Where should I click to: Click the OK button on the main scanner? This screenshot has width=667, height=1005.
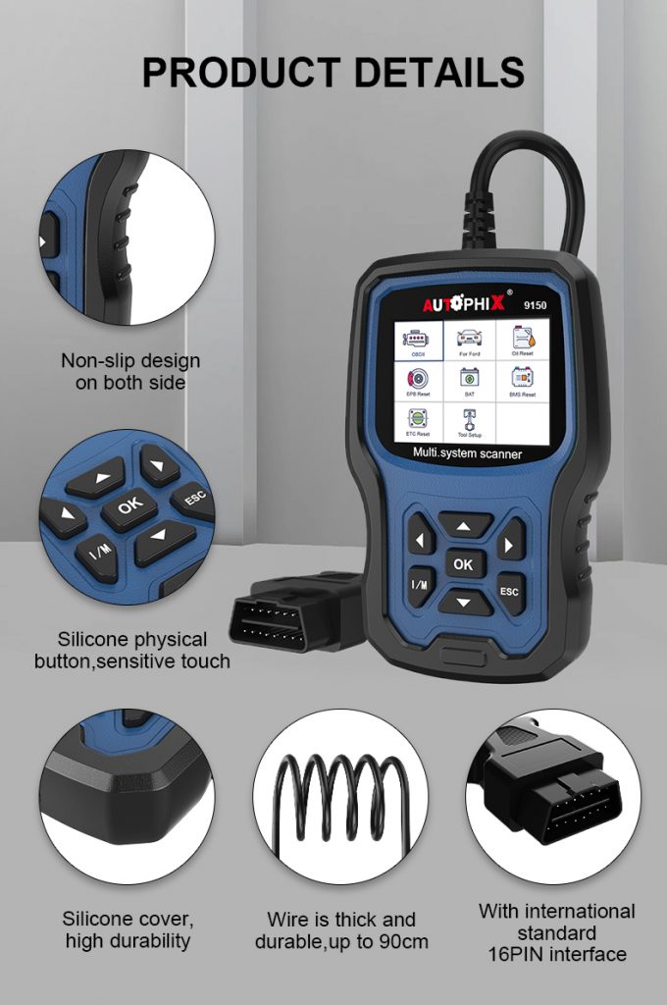coord(463,563)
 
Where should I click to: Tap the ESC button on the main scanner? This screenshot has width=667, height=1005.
coord(509,592)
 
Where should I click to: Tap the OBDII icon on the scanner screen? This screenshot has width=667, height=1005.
coord(418,343)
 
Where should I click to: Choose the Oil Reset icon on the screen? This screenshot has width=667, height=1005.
coord(521,341)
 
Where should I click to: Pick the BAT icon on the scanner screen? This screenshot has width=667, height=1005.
coord(470,381)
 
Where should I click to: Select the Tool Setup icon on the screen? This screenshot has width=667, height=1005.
coord(470,420)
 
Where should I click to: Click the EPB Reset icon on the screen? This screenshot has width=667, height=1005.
coord(418,381)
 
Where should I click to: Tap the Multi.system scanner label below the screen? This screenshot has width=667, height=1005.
coord(467,453)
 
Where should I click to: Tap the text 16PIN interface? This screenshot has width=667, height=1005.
coord(556,953)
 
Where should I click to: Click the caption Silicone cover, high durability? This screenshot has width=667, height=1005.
coord(128,930)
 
